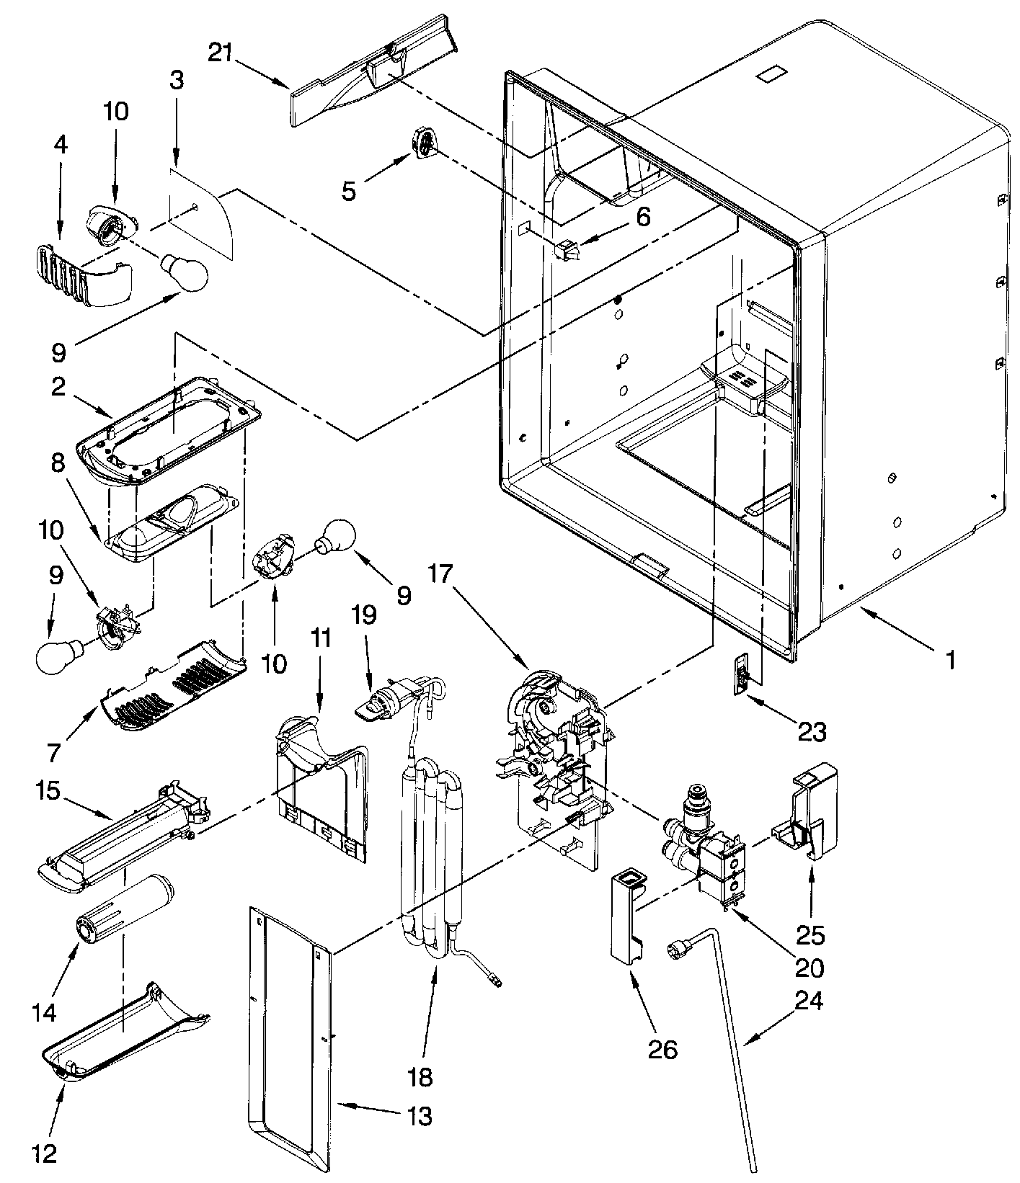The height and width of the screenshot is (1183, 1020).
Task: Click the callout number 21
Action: (x=221, y=53)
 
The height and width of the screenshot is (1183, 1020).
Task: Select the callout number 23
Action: (x=812, y=732)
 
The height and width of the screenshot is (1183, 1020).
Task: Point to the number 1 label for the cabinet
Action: (x=951, y=659)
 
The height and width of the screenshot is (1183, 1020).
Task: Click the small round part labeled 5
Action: (x=424, y=142)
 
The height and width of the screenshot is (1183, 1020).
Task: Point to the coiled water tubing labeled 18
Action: (x=429, y=865)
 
